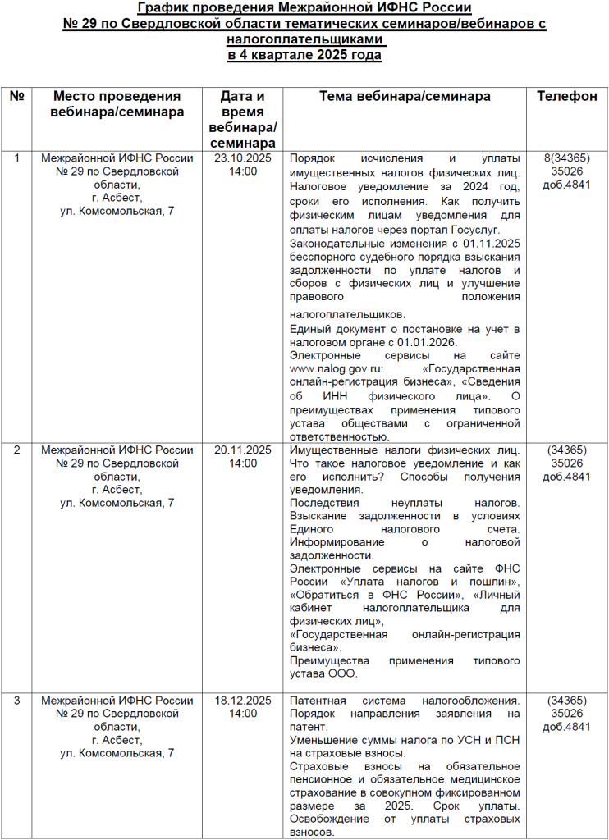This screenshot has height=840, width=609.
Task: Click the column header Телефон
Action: [566, 96]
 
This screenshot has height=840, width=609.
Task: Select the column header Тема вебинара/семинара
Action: [405, 96]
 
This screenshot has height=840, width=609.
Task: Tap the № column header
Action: [16, 96]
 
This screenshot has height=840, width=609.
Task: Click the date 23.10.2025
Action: [243, 157]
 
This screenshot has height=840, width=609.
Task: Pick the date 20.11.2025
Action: [243, 450]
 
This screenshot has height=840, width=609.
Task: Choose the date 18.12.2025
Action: [243, 701]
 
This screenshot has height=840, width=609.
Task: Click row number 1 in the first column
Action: [16, 157]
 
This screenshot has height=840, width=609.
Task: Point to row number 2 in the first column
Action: [16, 450]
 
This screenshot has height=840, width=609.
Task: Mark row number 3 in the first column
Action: [16, 701]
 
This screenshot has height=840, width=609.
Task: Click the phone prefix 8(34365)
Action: [566, 157]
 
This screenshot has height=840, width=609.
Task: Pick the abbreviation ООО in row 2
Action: [344, 673]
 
